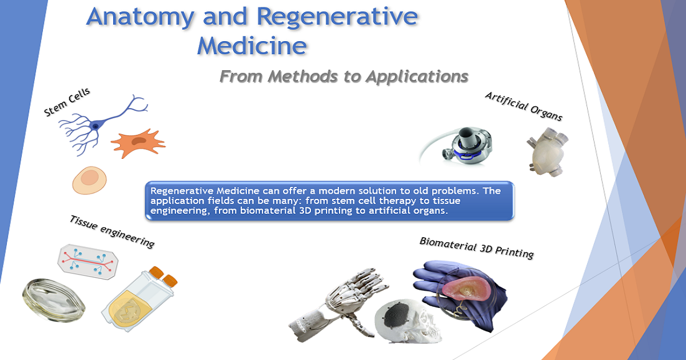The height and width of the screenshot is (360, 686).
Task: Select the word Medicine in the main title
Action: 252,46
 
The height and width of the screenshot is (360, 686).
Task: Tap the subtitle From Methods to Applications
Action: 344,76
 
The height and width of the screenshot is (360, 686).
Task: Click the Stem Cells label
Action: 67,103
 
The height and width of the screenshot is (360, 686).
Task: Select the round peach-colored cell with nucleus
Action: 90,180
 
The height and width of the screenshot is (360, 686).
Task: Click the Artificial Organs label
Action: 524,106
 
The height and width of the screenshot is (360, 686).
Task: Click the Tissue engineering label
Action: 112,231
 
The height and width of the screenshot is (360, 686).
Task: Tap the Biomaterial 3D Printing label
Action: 476,247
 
